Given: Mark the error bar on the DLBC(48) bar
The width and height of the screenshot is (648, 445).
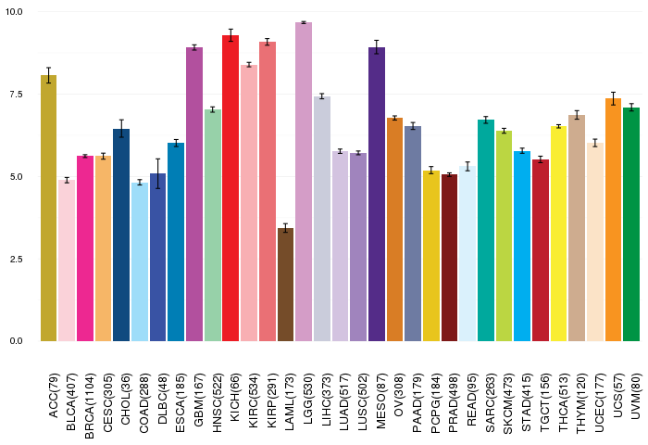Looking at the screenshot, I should pyautogui.click(x=157, y=173).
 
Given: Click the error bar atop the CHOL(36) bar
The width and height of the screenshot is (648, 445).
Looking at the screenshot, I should pyautogui.click(x=121, y=129).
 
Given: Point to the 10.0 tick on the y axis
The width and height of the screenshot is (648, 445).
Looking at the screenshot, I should pyautogui.click(x=15, y=12).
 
